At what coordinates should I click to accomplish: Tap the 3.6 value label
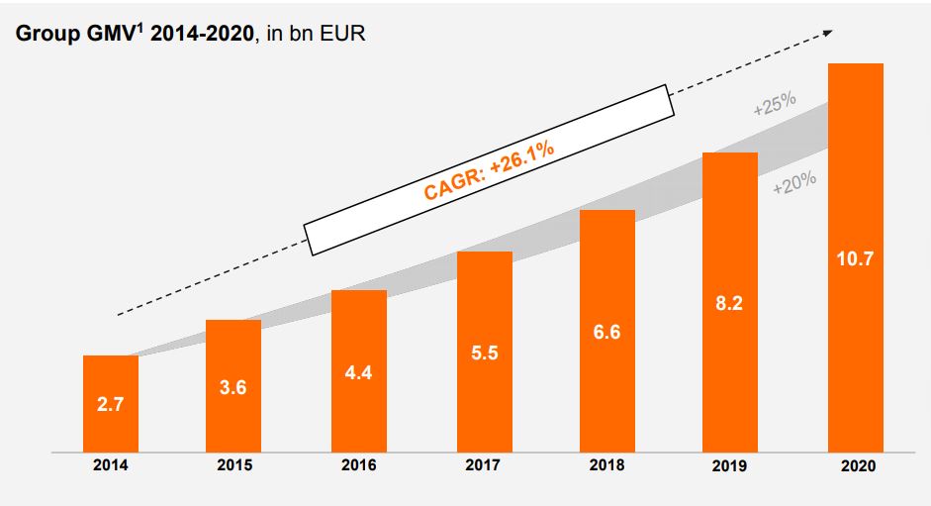233,388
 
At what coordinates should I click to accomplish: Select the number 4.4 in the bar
358,372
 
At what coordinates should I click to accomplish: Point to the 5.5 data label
484,352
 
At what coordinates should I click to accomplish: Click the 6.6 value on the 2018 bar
607,332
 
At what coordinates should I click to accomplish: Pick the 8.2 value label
730,302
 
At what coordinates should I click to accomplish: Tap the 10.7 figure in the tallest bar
855,258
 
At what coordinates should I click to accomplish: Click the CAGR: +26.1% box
489,168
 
